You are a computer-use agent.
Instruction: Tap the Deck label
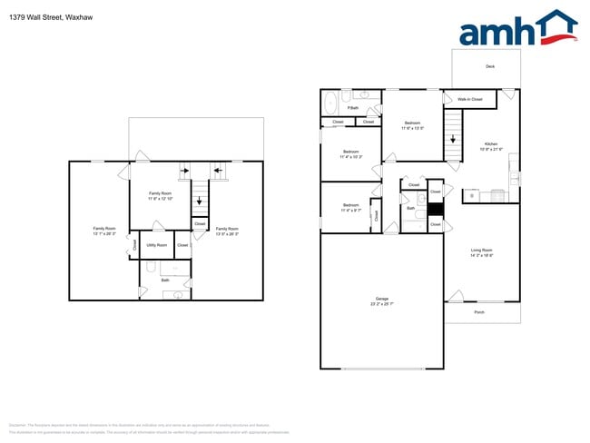(x=490, y=66)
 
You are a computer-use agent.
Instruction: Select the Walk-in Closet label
(x=469, y=99)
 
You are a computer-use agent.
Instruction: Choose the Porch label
(x=479, y=312)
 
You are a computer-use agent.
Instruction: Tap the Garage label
(x=382, y=301)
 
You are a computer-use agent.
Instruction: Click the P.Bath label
(x=353, y=108)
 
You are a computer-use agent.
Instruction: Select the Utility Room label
(x=156, y=244)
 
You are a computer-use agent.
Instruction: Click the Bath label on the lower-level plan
(x=165, y=280)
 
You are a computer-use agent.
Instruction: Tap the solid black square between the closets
(x=436, y=208)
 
